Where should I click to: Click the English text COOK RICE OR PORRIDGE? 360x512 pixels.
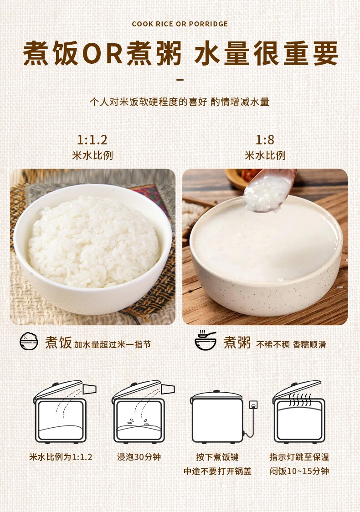[180, 24]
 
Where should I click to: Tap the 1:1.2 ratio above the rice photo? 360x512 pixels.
[92, 140]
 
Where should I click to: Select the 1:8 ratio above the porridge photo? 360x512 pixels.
[265, 140]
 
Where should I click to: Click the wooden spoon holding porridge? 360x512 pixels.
[269, 189]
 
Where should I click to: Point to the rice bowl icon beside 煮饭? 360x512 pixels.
[29, 341]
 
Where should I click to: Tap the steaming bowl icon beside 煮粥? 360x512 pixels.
[206, 340]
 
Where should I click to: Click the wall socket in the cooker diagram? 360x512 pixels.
[253, 405]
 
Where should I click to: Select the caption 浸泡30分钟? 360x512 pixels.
[139, 457]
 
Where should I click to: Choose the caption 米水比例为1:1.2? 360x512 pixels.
[61, 457]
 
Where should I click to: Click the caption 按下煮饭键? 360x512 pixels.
[217, 457]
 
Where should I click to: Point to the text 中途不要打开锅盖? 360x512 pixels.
[217, 471]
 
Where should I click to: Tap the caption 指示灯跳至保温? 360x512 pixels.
[299, 457]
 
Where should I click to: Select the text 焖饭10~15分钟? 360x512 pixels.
[299, 471]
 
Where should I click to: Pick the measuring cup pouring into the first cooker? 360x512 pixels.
[89, 389]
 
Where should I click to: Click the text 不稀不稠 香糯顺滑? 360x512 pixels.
[291, 344]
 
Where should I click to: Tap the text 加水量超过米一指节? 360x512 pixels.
[113, 344]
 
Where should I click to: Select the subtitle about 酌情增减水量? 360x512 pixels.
[180, 102]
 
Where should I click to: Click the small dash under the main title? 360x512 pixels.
[180, 80]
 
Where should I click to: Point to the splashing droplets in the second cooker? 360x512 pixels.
[138, 422]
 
